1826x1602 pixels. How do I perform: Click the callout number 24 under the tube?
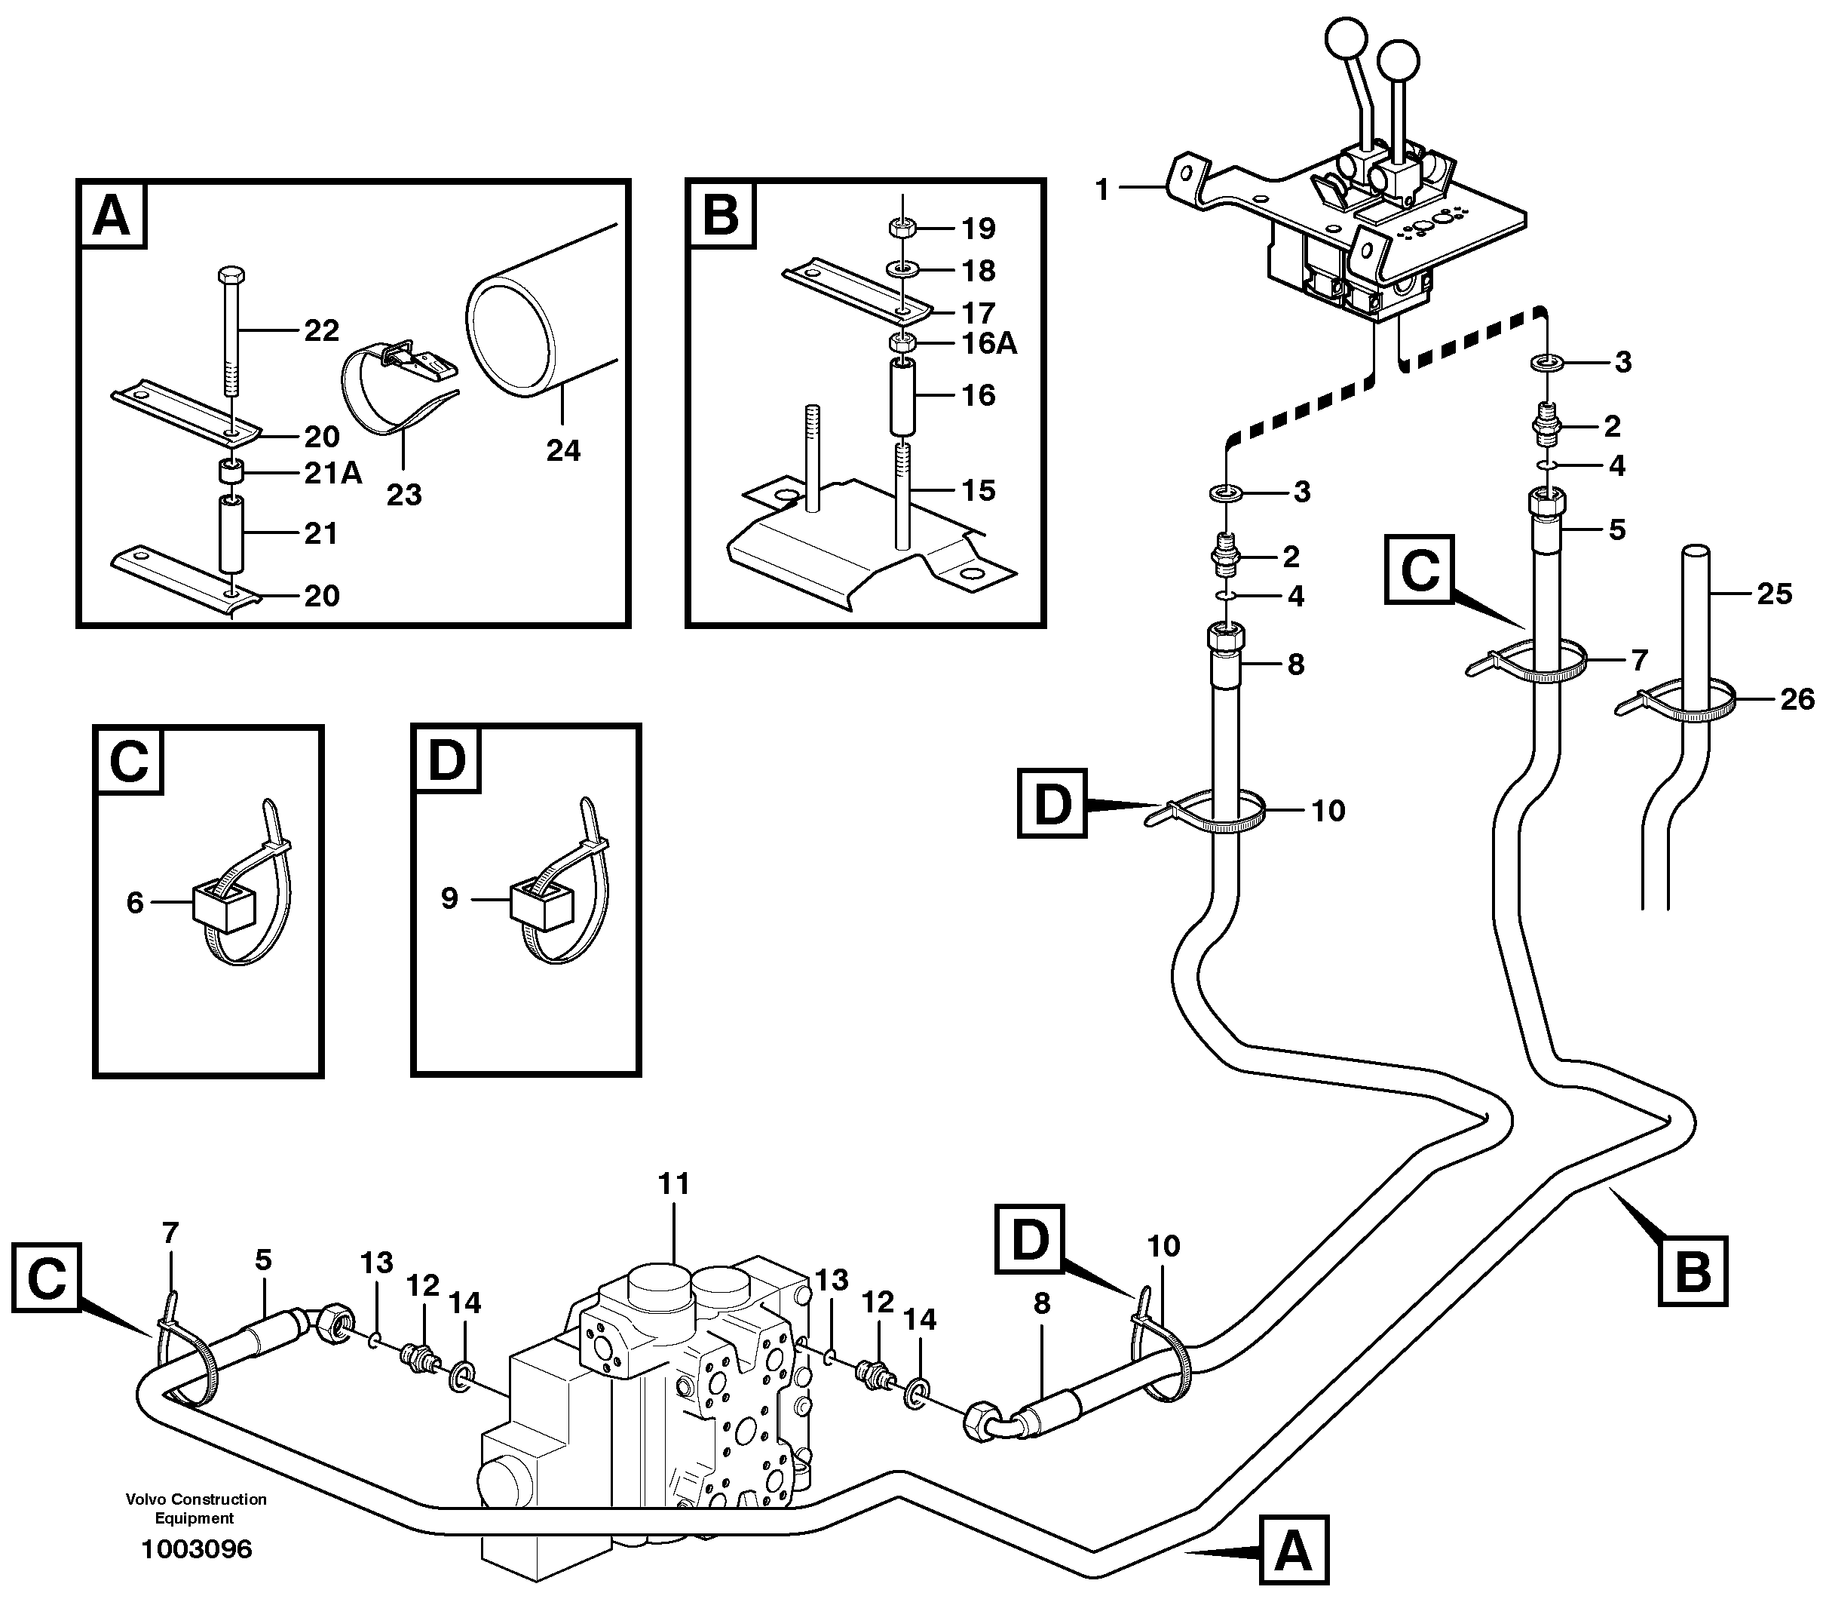(563, 450)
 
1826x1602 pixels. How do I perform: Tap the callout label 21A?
(332, 473)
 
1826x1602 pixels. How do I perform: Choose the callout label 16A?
(989, 343)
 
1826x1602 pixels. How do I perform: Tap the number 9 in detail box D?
(449, 898)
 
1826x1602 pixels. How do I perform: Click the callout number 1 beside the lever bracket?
(1101, 189)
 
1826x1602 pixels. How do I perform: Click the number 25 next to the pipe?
(1773, 594)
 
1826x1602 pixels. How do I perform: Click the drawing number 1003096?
(197, 1548)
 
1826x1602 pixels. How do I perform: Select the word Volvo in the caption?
(146, 1499)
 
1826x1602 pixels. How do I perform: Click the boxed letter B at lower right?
(1692, 1271)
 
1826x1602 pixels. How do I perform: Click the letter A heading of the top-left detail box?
(112, 216)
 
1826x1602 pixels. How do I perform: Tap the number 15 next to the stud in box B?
(979, 489)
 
